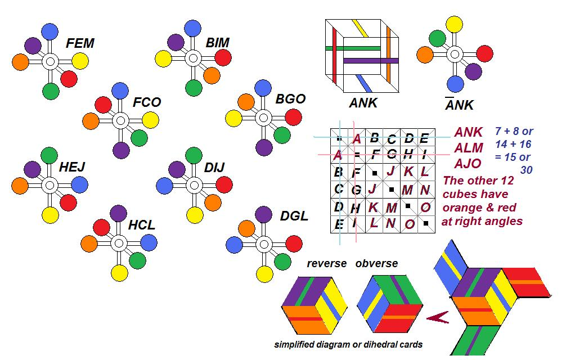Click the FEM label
pos(80,43)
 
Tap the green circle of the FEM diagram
pos(51,90)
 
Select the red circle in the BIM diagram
pos(223,57)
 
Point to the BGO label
pos(290,99)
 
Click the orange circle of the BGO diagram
pos(245,102)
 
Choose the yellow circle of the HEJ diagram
pos(51,215)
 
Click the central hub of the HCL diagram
pos(118,244)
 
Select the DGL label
pos(294,216)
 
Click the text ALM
pos(469,148)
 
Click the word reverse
pos(326,264)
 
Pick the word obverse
pos(376,264)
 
